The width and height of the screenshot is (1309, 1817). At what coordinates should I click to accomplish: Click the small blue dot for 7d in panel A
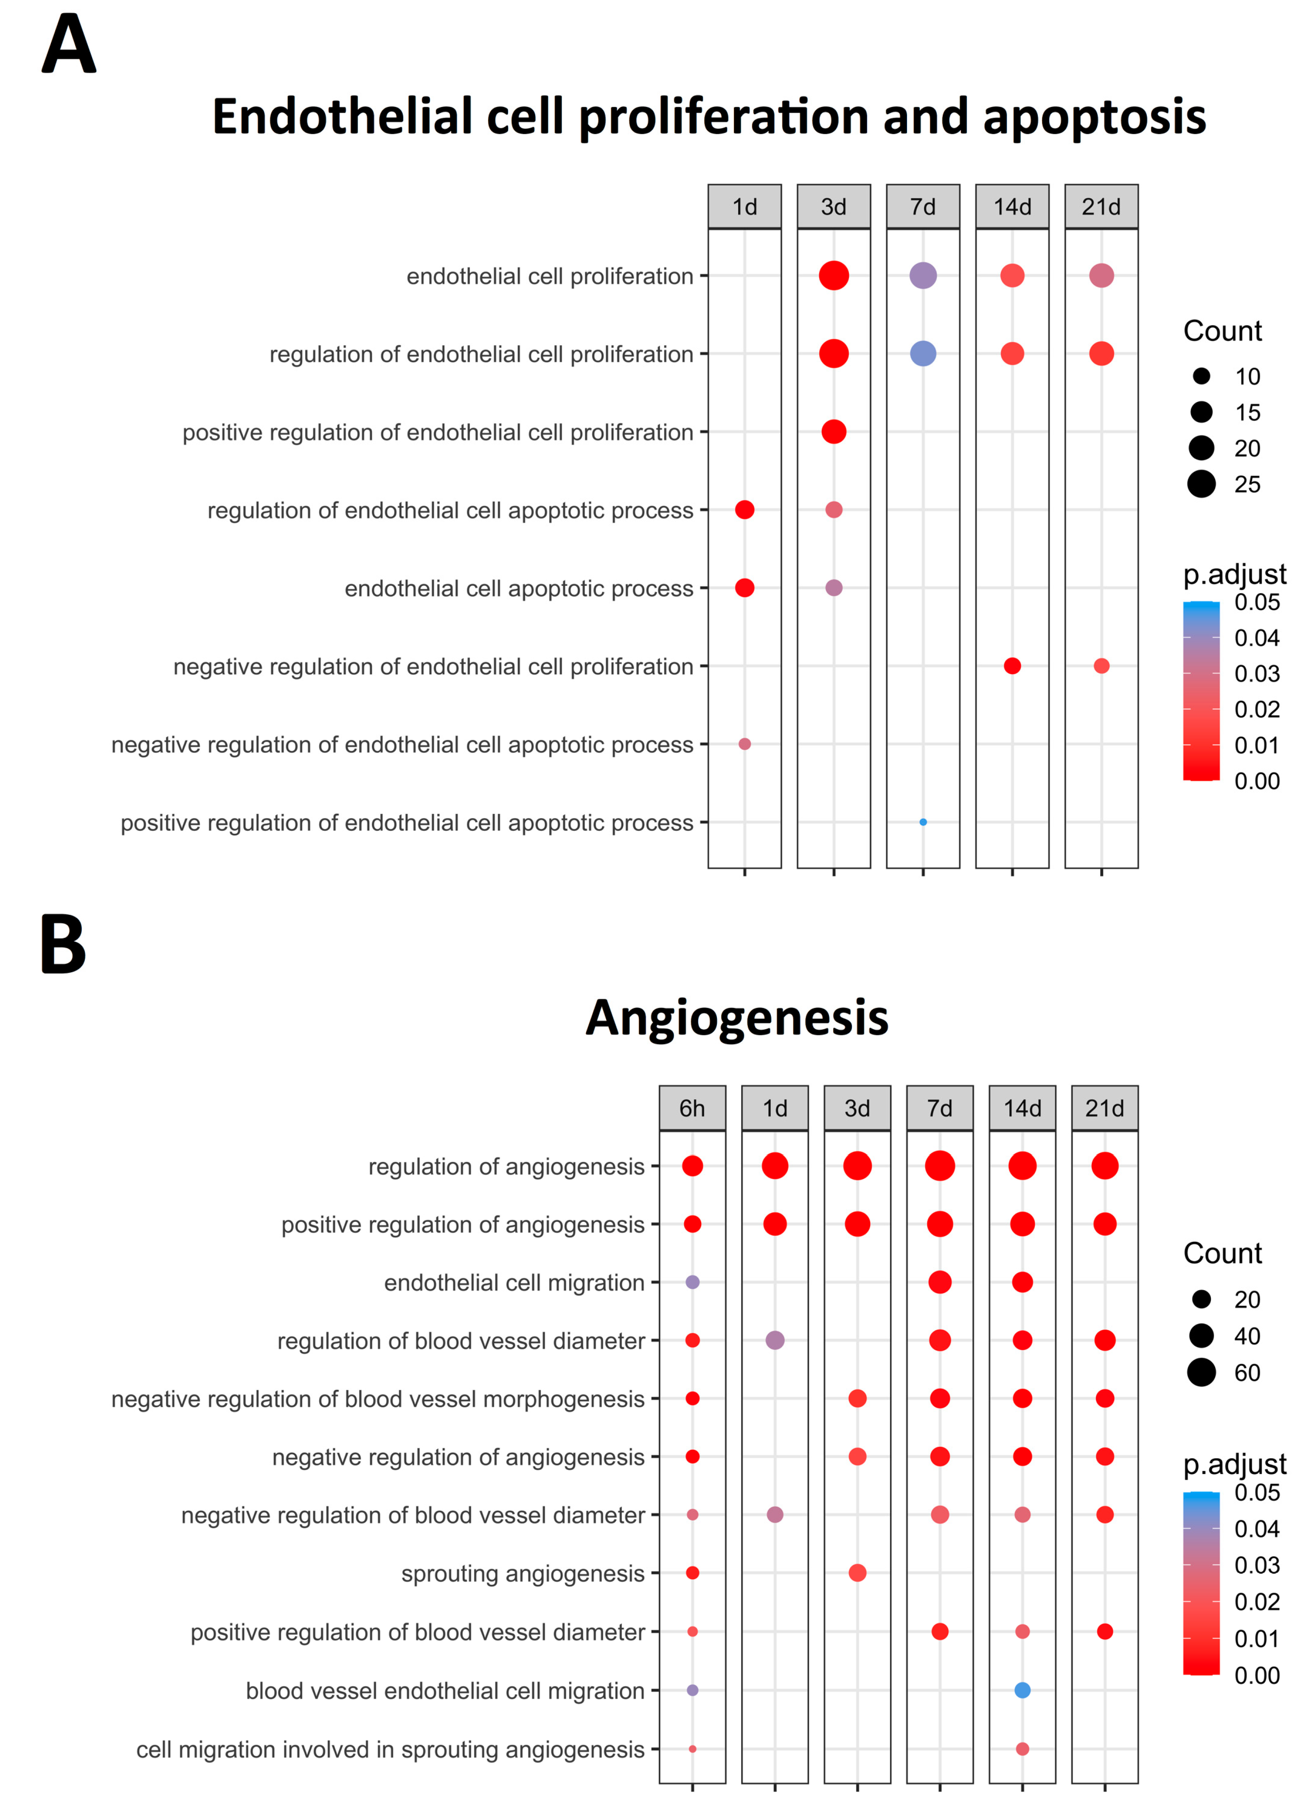point(923,822)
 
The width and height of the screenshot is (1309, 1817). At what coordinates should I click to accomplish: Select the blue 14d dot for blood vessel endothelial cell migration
point(1022,1690)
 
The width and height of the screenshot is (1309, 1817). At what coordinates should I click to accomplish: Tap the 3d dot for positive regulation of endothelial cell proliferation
point(834,432)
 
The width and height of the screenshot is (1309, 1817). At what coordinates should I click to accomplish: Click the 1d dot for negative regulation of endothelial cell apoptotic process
point(744,744)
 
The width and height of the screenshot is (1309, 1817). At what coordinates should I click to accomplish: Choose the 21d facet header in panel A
point(1101,207)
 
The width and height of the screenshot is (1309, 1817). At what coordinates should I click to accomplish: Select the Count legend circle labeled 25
point(1202,484)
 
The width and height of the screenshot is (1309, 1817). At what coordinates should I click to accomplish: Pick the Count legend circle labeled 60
point(1202,1373)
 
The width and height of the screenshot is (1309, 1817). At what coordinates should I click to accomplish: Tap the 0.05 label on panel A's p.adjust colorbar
point(1256,602)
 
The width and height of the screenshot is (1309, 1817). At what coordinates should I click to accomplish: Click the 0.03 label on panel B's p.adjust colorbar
point(1256,1565)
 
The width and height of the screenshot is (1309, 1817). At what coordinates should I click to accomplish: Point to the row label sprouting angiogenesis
point(522,1573)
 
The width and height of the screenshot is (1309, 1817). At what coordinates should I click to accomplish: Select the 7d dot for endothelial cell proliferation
point(923,276)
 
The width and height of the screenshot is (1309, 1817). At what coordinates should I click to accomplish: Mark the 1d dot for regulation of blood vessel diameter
point(775,1340)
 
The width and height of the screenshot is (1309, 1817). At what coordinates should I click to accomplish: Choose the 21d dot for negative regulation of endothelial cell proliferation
point(1101,666)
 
